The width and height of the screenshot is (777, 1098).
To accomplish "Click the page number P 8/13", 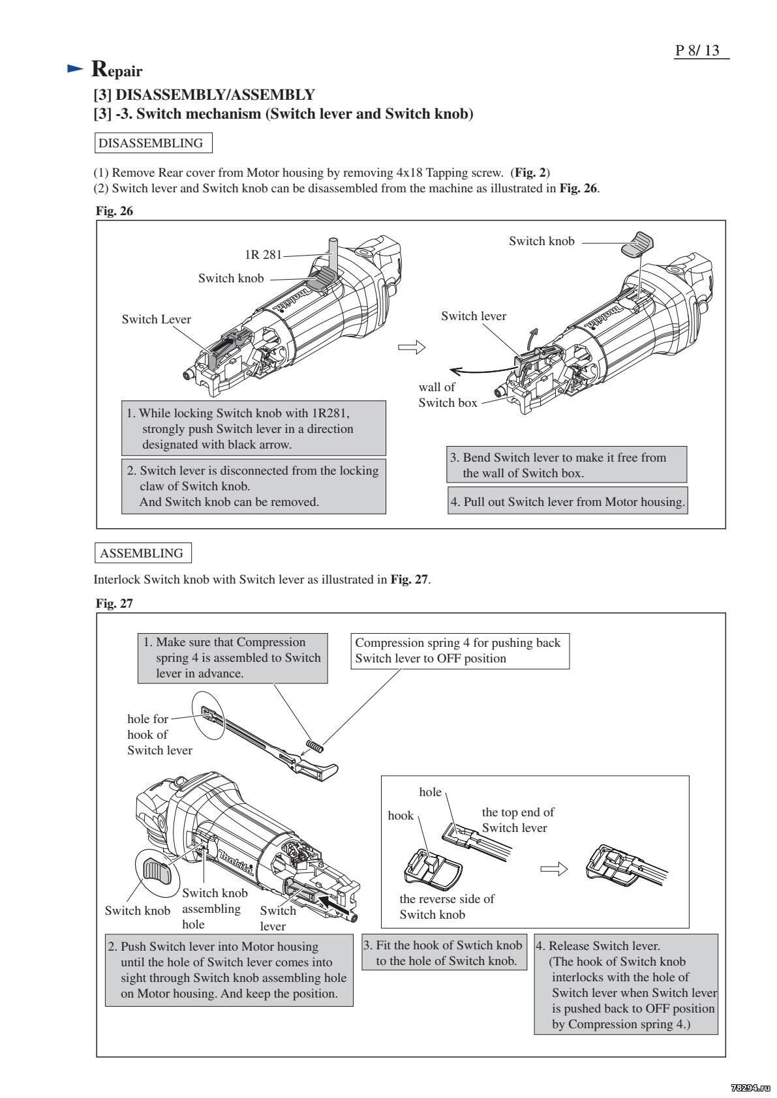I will (x=701, y=50).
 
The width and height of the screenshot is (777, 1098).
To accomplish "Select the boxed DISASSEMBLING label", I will (x=154, y=143).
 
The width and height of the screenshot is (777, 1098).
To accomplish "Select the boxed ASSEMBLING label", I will (x=143, y=553).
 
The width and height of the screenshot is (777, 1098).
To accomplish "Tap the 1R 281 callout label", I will (x=263, y=254).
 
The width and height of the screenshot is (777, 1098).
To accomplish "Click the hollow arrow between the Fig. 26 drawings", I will (x=411, y=348).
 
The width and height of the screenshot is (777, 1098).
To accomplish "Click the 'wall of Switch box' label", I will (x=448, y=395).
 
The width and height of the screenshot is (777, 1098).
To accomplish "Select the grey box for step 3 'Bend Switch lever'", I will (x=566, y=465).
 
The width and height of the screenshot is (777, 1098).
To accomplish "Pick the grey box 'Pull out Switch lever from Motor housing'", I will (x=568, y=501).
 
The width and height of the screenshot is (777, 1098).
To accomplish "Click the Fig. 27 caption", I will (x=114, y=603).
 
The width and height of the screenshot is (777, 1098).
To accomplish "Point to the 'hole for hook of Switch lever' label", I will (x=159, y=734).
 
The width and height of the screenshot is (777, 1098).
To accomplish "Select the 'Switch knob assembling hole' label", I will (x=214, y=908).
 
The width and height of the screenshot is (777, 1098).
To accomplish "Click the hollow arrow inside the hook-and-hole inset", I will (x=553, y=869).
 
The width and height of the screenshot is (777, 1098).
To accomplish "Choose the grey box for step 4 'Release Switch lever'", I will (x=626, y=984).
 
